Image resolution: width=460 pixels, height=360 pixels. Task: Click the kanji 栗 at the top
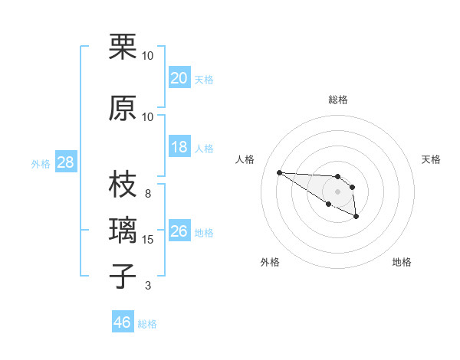click(x=123, y=47)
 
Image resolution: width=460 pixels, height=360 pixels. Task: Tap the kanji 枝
click(x=123, y=184)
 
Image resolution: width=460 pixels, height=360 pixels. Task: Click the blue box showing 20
click(x=179, y=77)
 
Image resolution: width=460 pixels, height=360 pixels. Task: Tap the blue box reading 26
click(x=179, y=231)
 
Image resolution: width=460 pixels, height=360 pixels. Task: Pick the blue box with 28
click(x=66, y=162)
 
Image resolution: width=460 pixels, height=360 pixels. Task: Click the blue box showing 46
click(x=123, y=322)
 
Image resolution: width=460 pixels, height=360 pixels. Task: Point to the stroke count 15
click(x=148, y=240)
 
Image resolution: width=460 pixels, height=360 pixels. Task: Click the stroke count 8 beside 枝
click(x=148, y=194)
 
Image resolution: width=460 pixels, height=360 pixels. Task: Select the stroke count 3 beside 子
click(x=148, y=286)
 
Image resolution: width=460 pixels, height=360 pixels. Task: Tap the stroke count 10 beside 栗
click(x=148, y=56)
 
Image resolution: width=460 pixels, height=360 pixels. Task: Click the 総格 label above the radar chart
click(x=338, y=100)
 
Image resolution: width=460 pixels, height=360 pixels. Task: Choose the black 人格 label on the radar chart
click(x=245, y=159)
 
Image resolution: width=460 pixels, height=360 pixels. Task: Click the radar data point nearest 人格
click(x=279, y=172)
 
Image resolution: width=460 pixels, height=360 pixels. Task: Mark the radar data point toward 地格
click(x=356, y=217)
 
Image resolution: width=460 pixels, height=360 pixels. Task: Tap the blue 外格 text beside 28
click(x=41, y=163)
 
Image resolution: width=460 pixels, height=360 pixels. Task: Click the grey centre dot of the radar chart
click(x=338, y=191)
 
